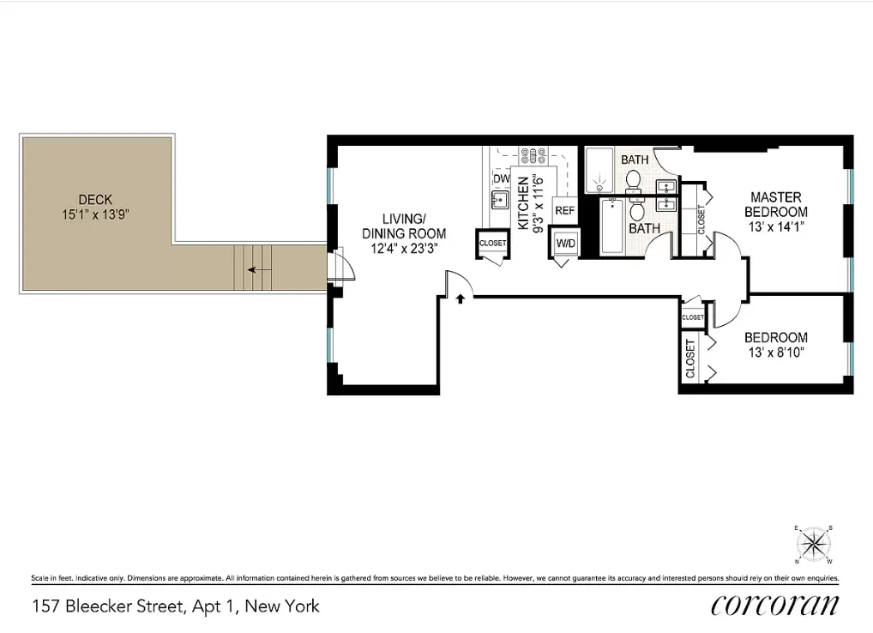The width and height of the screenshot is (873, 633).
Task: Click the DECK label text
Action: pyautogui.click(x=95, y=200)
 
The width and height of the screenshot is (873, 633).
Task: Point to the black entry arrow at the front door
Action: pyautogui.click(x=461, y=299)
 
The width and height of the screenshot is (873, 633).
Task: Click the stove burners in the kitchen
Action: pyautogui.click(x=533, y=155)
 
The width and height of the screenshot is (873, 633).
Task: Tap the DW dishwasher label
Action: pyautogui.click(x=501, y=178)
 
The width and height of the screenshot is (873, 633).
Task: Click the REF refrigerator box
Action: pyautogui.click(x=564, y=210)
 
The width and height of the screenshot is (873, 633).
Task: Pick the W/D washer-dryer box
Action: pyautogui.click(x=564, y=243)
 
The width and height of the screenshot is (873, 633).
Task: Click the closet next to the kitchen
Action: pyautogui.click(x=492, y=244)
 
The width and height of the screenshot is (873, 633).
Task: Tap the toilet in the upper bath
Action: pyautogui.click(x=634, y=180)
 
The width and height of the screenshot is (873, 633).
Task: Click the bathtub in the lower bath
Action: pyautogui.click(x=611, y=226)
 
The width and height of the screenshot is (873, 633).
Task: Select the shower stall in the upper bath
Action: pyautogui.click(x=599, y=171)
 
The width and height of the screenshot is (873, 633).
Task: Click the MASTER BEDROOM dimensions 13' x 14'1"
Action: pyautogui.click(x=775, y=227)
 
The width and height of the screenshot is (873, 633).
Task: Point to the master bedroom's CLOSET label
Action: pyautogui.click(x=701, y=221)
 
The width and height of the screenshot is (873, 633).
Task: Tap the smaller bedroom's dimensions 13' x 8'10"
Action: pyautogui.click(x=775, y=353)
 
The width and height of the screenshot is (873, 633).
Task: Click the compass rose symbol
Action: pyautogui.click(x=812, y=544)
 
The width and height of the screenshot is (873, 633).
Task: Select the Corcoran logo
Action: pyautogui.click(x=774, y=605)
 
